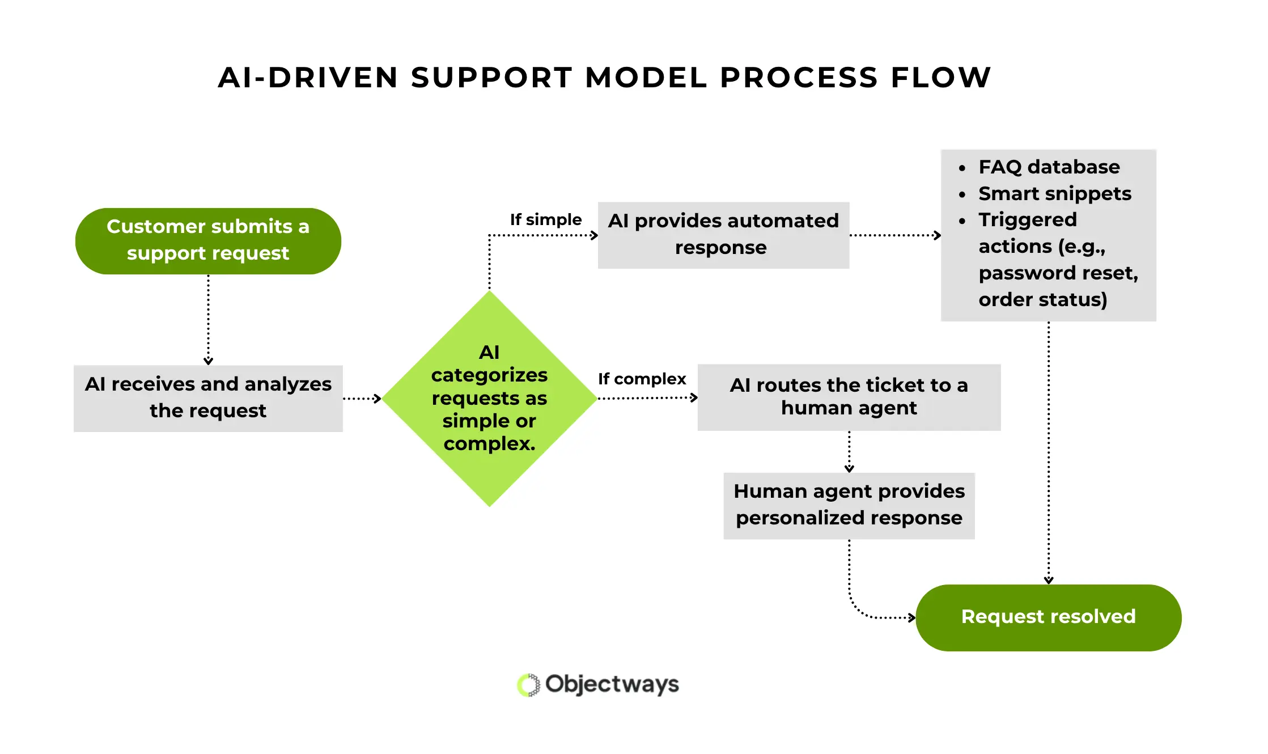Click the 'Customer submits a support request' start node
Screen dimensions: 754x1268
208,241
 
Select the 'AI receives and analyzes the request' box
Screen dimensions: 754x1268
208,398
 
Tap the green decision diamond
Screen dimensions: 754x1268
489,398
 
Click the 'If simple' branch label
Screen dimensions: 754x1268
545,219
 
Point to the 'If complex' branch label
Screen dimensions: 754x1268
642,379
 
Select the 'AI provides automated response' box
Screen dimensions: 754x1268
723,235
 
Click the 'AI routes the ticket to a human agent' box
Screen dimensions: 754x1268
849,397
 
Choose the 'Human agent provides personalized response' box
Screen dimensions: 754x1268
849,505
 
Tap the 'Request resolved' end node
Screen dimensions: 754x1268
1048,617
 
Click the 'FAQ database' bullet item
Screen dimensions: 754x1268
1049,167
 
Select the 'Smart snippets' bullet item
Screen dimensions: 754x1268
1054,193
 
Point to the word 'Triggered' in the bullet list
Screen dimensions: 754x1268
1027,219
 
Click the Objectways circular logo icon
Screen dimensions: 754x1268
528,685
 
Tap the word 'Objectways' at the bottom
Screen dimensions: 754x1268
612,684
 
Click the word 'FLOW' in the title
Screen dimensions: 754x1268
940,78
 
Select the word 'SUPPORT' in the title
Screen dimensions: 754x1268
491,78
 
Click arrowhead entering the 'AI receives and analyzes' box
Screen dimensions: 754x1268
208,361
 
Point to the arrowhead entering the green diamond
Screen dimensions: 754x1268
378,399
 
